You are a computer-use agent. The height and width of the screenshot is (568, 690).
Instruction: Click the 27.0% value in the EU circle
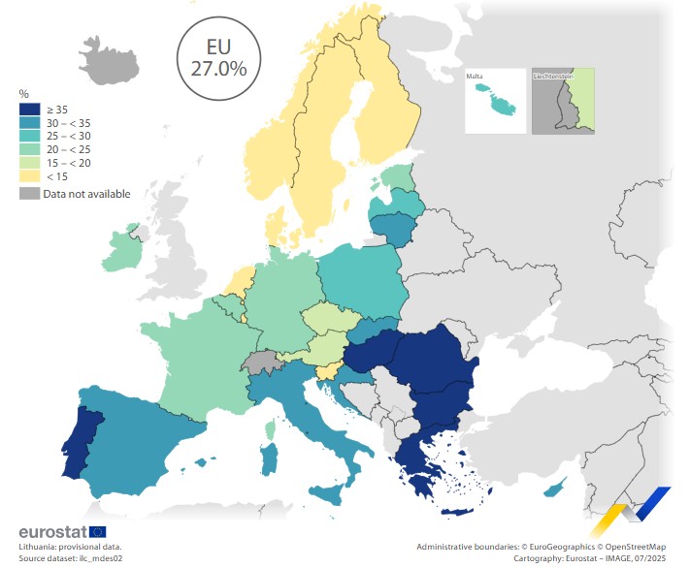pos(212,69)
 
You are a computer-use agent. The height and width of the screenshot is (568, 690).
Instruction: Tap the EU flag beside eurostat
pos(98,532)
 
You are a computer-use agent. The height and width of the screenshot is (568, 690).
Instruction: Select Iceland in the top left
pos(109,57)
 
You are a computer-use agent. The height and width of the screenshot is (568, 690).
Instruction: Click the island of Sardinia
pos(269,459)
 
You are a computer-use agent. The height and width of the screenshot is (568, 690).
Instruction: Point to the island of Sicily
pos(331,494)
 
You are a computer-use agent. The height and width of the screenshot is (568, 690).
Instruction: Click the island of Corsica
pos(271,427)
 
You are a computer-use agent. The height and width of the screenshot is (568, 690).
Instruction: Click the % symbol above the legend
pos(23,94)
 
